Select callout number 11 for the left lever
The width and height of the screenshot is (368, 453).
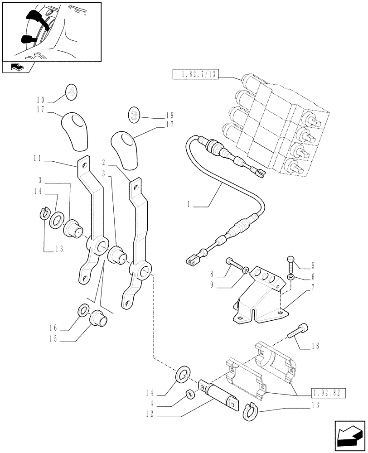tap(37, 159)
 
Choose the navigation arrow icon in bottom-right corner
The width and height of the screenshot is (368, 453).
tap(349, 433)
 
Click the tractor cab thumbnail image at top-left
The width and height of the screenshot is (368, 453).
tap(50, 31)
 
